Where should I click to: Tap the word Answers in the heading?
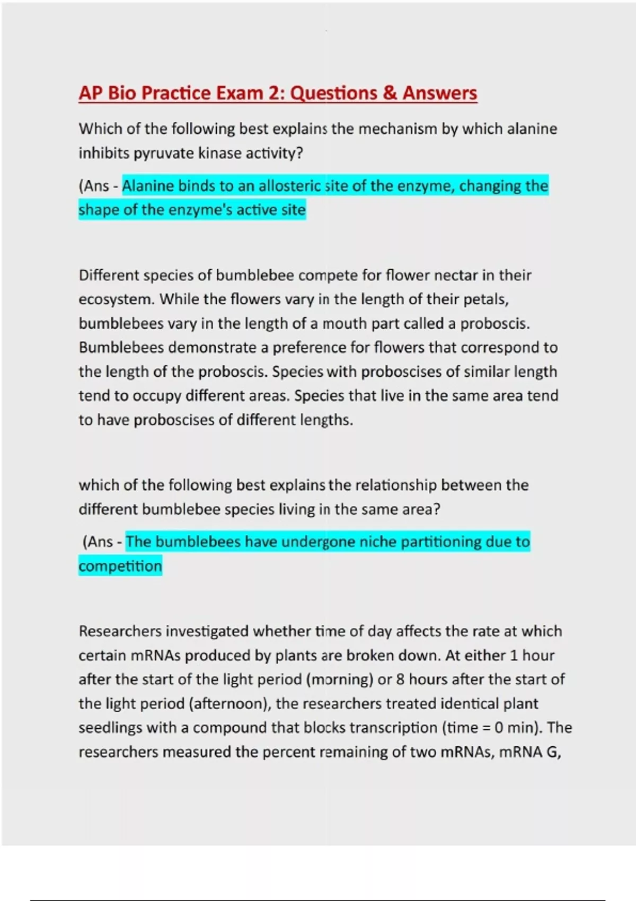point(439,93)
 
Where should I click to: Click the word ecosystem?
point(116,300)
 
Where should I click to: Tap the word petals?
point(486,300)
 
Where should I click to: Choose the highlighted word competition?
point(120,567)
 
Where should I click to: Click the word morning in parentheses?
point(340,680)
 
